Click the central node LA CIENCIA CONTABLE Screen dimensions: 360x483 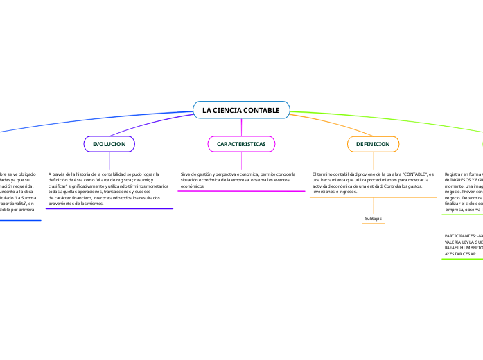tap(241, 111)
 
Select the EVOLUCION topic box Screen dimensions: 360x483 tap(109, 144)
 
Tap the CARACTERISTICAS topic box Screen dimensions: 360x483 tap(241, 144)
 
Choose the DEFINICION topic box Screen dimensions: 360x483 tap(373, 144)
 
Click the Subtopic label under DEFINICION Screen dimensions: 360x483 tap(374, 219)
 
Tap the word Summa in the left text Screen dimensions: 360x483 tap(31, 199)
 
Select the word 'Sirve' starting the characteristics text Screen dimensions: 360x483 tap(186, 174)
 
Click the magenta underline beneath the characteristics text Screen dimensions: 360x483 tap(241, 191)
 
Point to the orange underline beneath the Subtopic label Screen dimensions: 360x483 tap(374, 224)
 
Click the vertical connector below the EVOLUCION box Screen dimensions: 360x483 tap(109, 161)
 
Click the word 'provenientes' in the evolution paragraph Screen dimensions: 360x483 tap(63, 204)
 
